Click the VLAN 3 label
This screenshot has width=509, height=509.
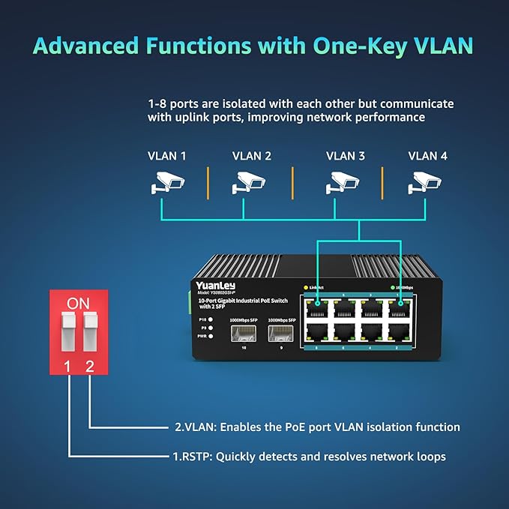[x=345, y=156]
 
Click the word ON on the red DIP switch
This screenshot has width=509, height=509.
[x=78, y=304]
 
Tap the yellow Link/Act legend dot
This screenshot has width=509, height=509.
[x=306, y=288]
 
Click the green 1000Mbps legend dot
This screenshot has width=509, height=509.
[x=392, y=288]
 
